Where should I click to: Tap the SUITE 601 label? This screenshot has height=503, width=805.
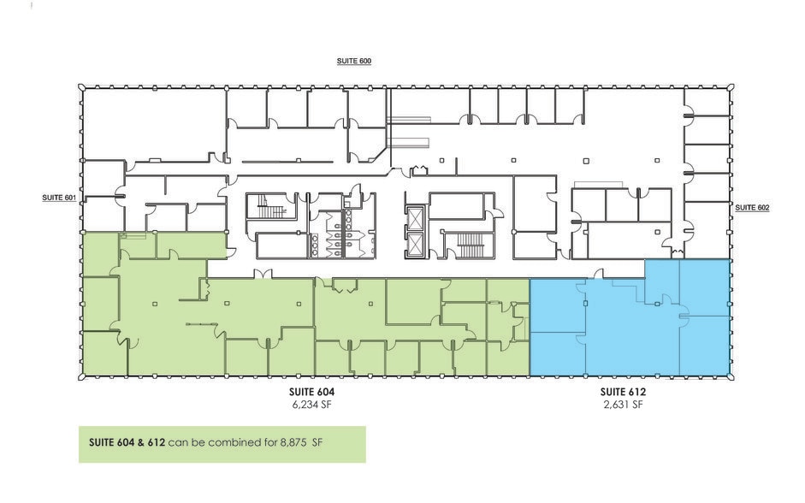[x=59, y=198]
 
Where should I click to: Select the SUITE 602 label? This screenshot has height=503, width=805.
[x=752, y=207]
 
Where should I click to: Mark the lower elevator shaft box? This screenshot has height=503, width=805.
[x=415, y=245]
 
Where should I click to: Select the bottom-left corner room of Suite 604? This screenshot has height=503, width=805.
[x=104, y=352]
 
